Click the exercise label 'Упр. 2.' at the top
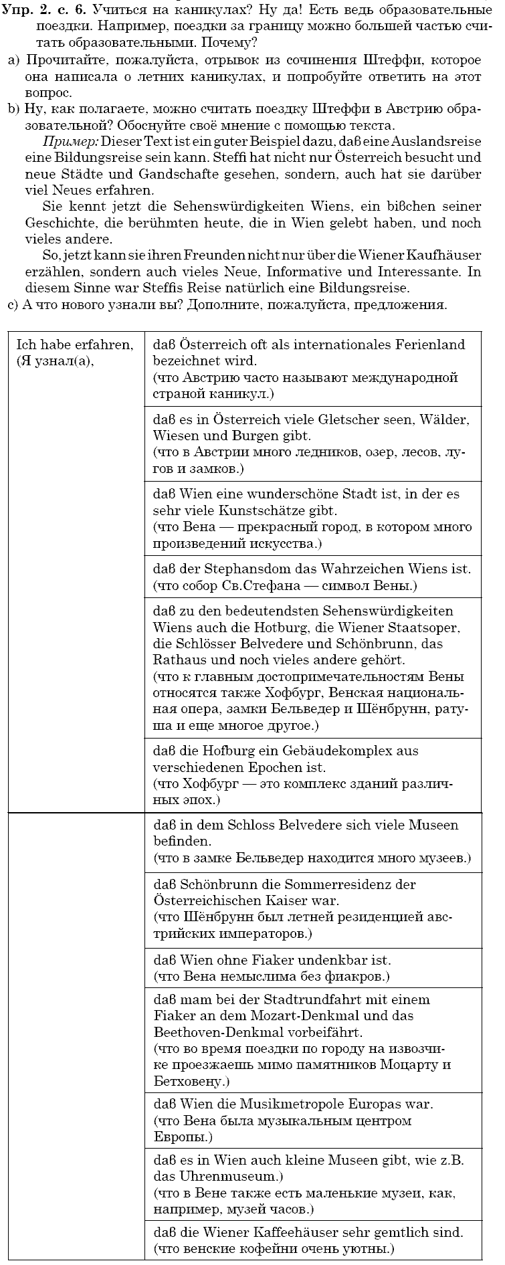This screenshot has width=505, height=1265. tap(26, 10)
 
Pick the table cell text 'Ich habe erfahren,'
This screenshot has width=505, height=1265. tap(74, 345)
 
